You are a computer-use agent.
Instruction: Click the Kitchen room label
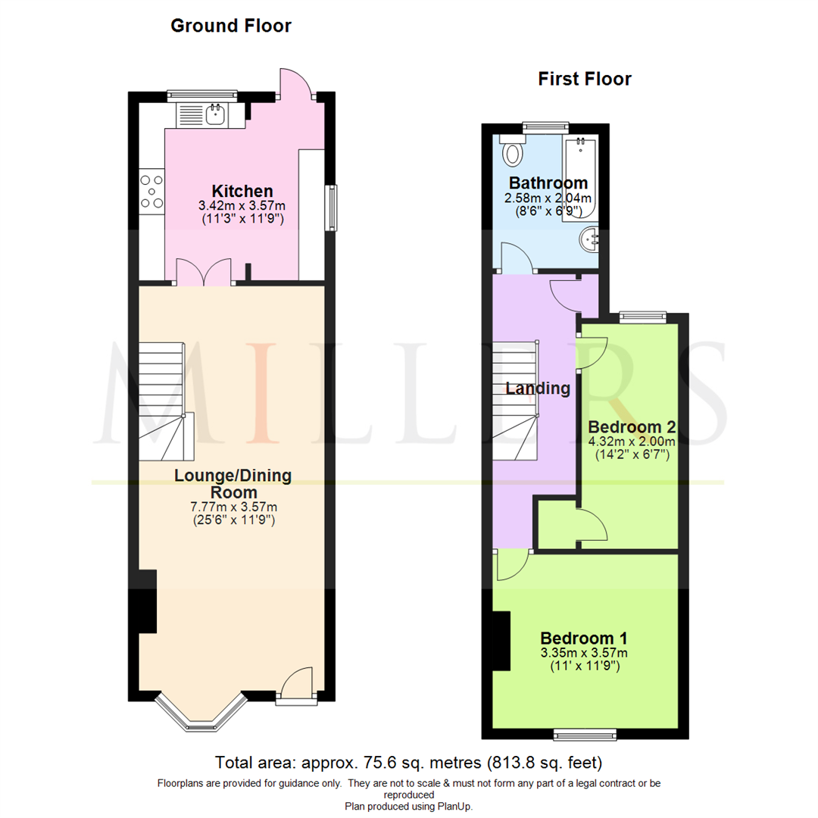point(242,190)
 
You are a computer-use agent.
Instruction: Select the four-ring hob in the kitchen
point(151,191)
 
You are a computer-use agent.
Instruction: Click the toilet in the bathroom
point(513,151)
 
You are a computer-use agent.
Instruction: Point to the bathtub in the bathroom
point(579,178)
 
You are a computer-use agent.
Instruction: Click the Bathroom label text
point(548,183)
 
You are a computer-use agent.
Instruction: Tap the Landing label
point(538,389)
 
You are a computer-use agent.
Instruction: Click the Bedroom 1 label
point(583,637)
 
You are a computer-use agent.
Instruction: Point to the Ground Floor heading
point(231,26)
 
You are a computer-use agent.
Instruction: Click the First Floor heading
point(585,79)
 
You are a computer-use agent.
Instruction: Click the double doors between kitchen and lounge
point(203,273)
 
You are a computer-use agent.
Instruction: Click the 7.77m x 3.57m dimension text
point(233,507)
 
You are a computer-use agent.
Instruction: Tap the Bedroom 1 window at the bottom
point(584,734)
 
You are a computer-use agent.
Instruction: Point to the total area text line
point(409,761)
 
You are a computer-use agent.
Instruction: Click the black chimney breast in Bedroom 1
point(501,640)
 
